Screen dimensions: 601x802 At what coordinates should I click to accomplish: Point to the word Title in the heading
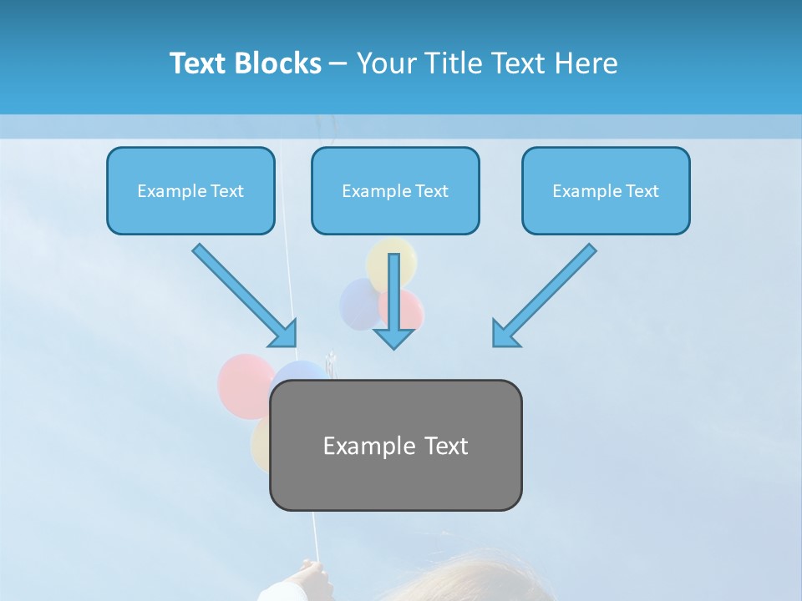tap(452, 63)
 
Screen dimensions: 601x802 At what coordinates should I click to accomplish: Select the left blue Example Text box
tap(190, 190)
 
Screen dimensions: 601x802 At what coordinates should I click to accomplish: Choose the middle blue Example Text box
tap(395, 190)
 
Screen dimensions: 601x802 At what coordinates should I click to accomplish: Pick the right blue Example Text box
tap(606, 190)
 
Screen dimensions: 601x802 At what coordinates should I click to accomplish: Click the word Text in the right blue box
tap(642, 191)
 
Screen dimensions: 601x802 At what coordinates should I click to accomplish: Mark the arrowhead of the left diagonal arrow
tap(284, 334)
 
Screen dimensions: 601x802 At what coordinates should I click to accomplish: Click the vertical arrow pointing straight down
tap(393, 300)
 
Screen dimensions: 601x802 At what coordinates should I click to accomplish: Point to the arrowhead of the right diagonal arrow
tap(505, 333)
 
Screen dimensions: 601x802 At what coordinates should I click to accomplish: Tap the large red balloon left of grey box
tap(244, 384)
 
